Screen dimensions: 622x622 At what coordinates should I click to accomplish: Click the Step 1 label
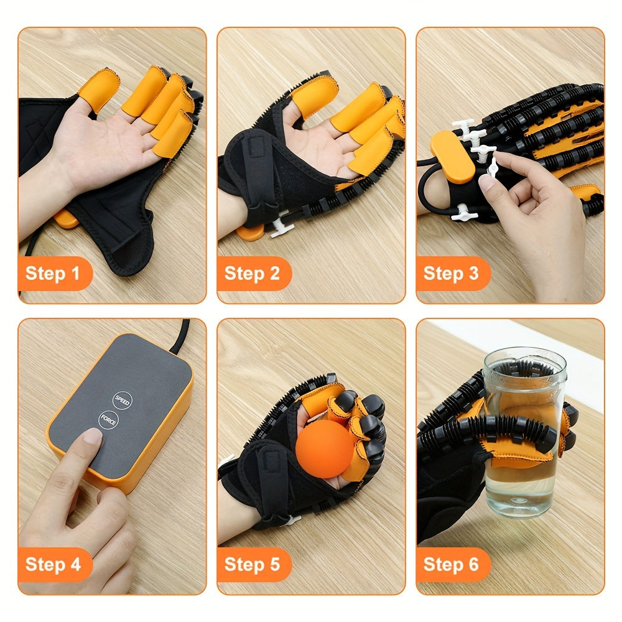(53, 274)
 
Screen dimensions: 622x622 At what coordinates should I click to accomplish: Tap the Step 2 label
(252, 274)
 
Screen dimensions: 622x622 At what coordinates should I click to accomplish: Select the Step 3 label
(451, 274)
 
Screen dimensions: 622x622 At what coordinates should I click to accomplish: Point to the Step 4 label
(53, 564)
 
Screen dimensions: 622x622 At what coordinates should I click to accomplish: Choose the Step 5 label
(252, 564)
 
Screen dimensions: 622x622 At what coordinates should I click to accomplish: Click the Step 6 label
(451, 564)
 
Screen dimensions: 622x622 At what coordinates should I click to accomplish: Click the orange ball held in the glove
(325, 448)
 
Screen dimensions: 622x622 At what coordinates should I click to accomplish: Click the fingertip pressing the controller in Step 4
(91, 437)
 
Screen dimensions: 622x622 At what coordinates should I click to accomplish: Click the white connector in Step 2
(281, 224)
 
